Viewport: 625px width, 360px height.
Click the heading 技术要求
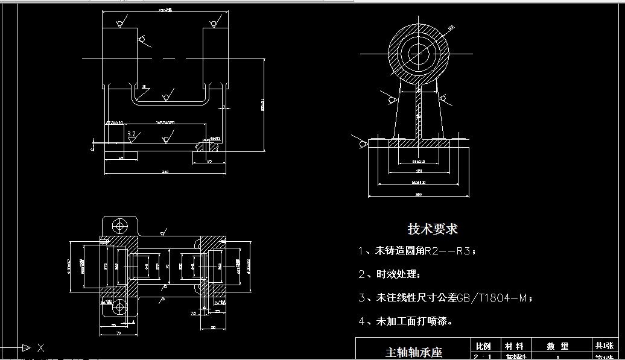click(x=433, y=229)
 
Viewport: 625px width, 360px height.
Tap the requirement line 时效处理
click(x=398, y=274)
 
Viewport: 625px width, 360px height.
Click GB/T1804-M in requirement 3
click(x=492, y=297)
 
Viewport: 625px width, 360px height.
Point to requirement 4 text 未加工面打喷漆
click(x=414, y=321)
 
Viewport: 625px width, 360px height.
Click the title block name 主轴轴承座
click(x=413, y=352)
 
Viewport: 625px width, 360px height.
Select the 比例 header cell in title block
click(x=483, y=346)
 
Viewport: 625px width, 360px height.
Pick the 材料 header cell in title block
click(x=514, y=346)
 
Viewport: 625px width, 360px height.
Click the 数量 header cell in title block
click(x=557, y=346)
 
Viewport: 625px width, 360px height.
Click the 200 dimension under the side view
click(x=418, y=195)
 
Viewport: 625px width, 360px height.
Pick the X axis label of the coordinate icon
click(x=40, y=348)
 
